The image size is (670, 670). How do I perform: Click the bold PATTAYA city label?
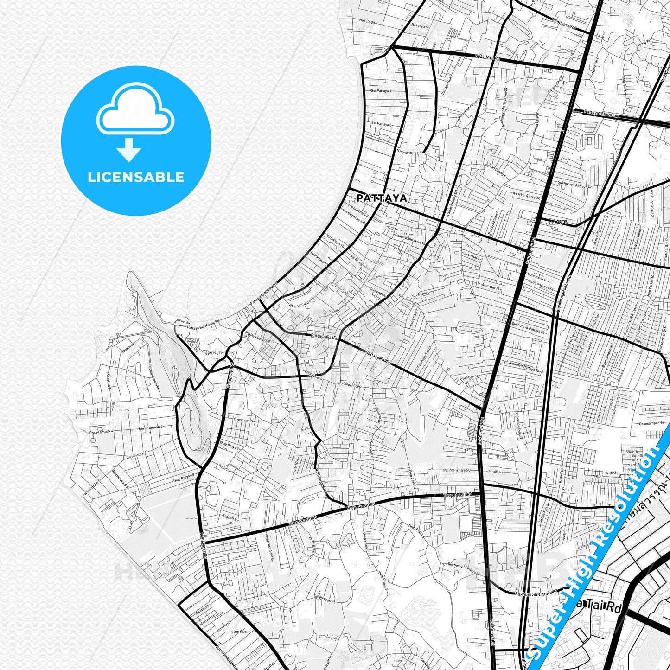[x=382, y=198]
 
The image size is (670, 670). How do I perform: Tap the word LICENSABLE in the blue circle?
[x=136, y=177]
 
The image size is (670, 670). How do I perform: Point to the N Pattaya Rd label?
[x=488, y=58]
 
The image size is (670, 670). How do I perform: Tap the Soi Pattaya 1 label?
[x=382, y=91]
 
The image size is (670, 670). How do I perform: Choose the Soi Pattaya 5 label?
[x=382, y=125]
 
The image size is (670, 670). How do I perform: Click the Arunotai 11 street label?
[x=491, y=288]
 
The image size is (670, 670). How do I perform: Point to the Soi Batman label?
[x=471, y=377]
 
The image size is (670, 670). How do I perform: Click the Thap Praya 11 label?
[x=230, y=446]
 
